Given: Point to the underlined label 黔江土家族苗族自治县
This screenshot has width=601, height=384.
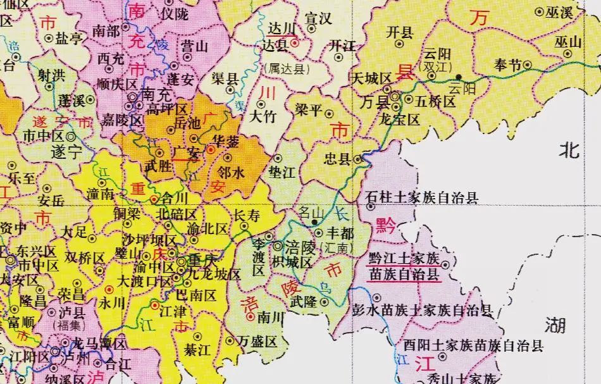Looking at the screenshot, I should (403, 266).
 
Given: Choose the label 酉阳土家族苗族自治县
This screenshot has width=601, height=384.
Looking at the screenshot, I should (473, 345).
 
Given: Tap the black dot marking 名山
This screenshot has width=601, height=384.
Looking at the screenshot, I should (314, 222).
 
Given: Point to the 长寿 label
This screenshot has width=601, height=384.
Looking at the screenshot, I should (247, 215).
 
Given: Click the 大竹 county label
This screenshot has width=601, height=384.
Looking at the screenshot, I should (263, 116).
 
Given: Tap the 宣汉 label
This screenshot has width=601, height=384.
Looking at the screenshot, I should (318, 19).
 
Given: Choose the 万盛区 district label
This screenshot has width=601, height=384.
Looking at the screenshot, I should (257, 342).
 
